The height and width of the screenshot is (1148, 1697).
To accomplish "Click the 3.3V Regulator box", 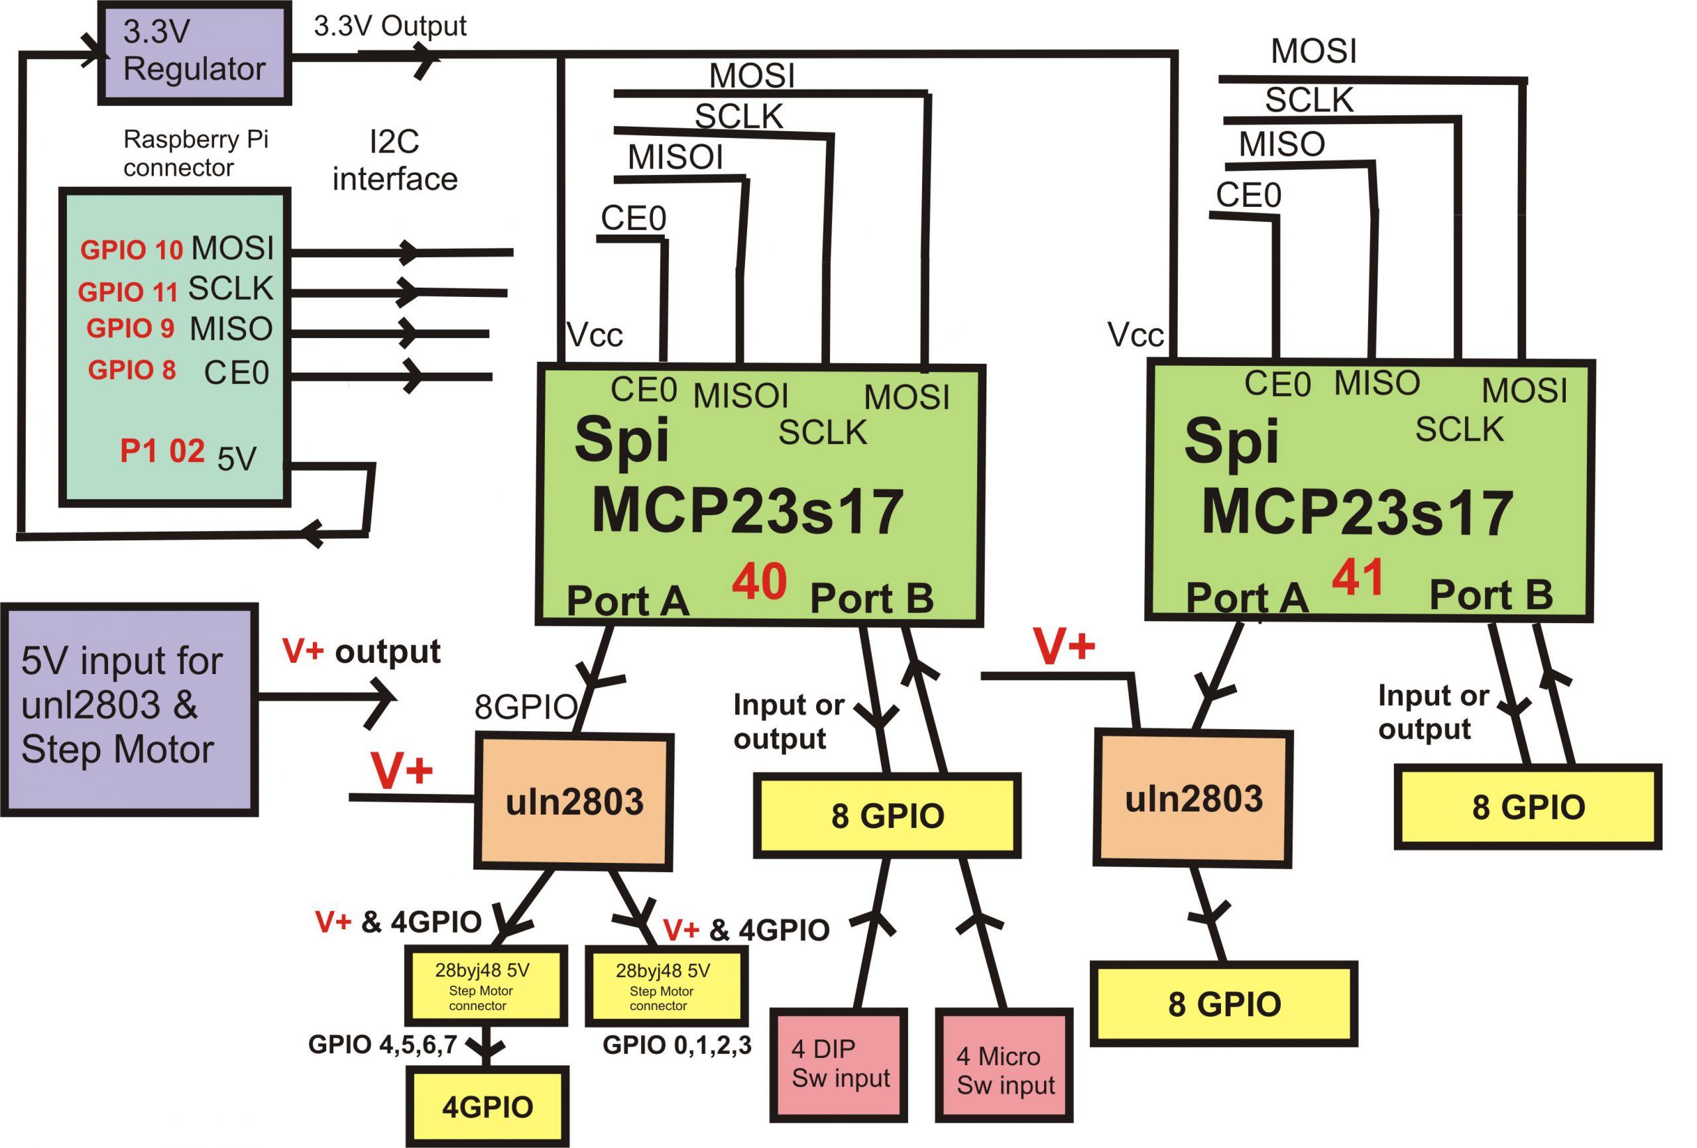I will click(194, 52).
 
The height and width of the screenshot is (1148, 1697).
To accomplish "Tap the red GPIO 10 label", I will click(131, 250).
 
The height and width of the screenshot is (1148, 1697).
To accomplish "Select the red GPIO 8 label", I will click(131, 371).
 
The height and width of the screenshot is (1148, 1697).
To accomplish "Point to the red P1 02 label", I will click(162, 451).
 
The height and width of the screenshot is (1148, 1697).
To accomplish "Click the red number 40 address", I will click(759, 582).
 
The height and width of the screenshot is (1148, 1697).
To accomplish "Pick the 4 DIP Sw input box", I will click(839, 1064).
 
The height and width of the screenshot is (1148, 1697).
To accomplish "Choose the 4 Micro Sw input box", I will click(1005, 1070).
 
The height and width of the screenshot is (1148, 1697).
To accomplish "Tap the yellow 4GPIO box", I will click(487, 1106).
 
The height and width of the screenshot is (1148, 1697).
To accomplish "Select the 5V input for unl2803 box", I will click(129, 709).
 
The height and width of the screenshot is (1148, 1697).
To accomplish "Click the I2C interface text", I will click(394, 160).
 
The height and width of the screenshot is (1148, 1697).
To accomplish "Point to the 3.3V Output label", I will click(390, 27).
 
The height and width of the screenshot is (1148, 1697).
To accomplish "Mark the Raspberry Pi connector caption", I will click(195, 152).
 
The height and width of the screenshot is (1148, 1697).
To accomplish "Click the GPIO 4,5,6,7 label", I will click(382, 1045).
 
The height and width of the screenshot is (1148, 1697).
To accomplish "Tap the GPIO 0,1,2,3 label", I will click(676, 1045).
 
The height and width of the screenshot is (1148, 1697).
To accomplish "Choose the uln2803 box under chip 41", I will click(1193, 799).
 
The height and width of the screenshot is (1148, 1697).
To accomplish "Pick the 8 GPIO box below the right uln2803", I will click(1224, 1004).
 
